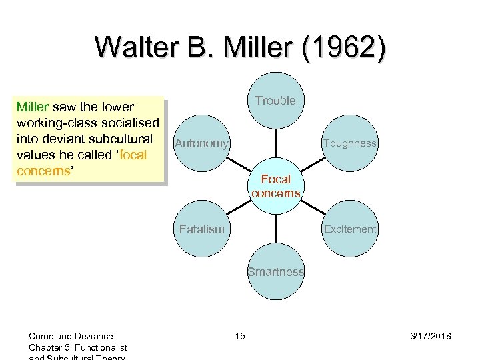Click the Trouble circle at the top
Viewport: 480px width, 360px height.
click(x=276, y=101)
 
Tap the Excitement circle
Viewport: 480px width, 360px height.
click(x=350, y=229)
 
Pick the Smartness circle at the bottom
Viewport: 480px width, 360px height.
click(x=276, y=272)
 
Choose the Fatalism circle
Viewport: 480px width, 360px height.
click(x=202, y=229)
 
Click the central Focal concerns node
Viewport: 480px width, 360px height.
click(x=276, y=186)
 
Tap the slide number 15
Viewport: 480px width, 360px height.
click(x=239, y=336)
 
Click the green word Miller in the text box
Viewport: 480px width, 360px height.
click(x=32, y=107)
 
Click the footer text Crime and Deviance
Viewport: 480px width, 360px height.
click(x=71, y=336)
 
